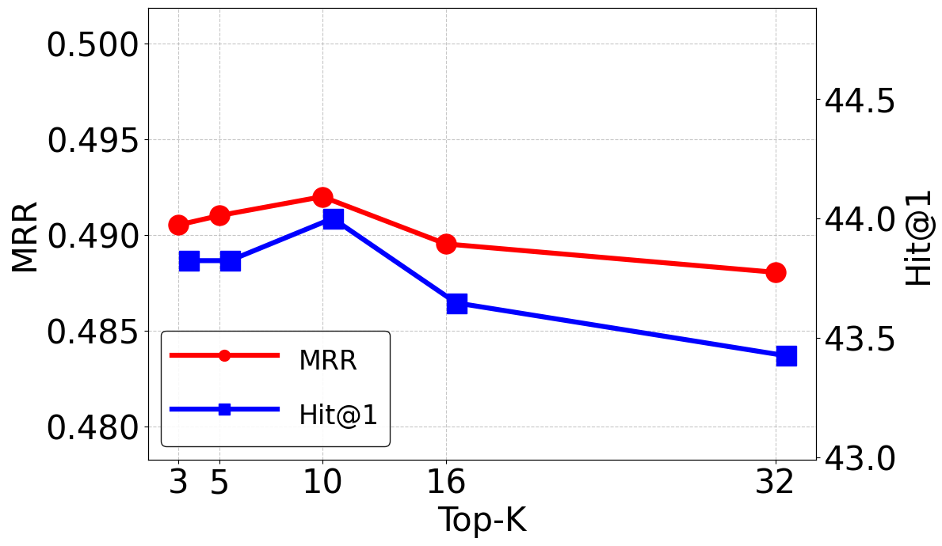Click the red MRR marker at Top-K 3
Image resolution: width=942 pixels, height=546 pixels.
[x=178, y=225]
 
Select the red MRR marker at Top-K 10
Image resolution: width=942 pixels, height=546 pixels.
[x=322, y=197]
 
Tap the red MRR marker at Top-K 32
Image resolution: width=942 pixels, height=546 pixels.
[x=776, y=272]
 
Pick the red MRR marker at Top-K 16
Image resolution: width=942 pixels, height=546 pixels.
[x=446, y=244]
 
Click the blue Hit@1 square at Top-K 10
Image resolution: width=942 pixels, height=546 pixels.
[x=333, y=219]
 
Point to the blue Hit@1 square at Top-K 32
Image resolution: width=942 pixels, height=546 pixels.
[x=786, y=355]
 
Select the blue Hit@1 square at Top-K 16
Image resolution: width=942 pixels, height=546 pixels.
[x=456, y=303]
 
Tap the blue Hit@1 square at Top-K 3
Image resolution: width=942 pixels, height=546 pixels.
[x=189, y=261]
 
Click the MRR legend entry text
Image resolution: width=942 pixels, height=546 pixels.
[x=327, y=361]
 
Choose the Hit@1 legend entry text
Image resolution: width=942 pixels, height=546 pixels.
[x=344, y=415]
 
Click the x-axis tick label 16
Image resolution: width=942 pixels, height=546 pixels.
[x=446, y=482]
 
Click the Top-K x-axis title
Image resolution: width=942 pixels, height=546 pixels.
[x=482, y=520]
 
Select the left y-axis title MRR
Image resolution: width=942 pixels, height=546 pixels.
[x=26, y=237]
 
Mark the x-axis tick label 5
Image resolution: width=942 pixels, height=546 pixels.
[x=219, y=482]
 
